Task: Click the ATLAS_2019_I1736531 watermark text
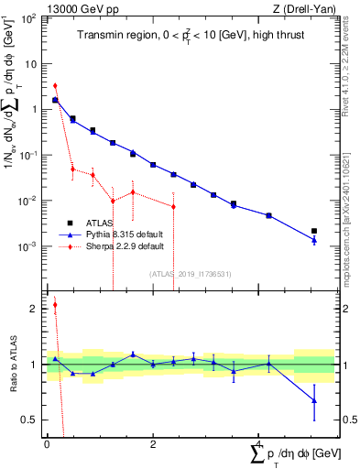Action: [x=190, y=274]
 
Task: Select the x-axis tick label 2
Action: [x=153, y=444]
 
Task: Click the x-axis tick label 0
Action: [x=47, y=444]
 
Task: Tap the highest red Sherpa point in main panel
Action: [x=55, y=85]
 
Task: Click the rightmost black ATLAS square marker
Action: [x=314, y=231]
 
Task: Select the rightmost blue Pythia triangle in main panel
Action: [x=314, y=240]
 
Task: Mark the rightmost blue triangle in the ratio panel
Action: [x=314, y=400]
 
